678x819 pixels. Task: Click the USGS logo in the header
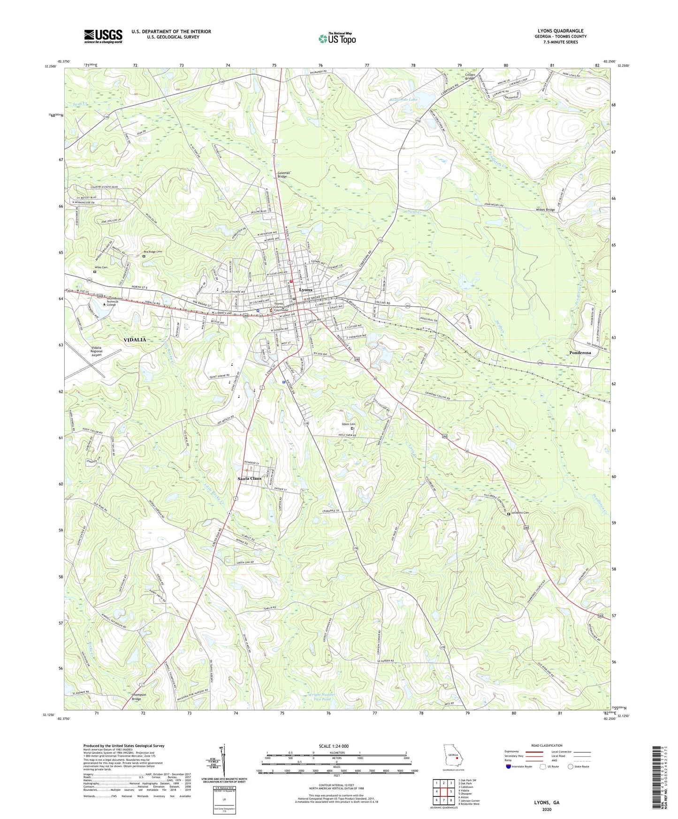click(103, 36)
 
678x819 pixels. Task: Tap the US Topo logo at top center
click(337, 38)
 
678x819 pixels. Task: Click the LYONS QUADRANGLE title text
click(560, 31)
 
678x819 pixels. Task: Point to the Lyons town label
click(306, 290)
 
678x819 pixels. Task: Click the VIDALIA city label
click(135, 340)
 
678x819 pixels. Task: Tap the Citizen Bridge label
click(470, 77)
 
